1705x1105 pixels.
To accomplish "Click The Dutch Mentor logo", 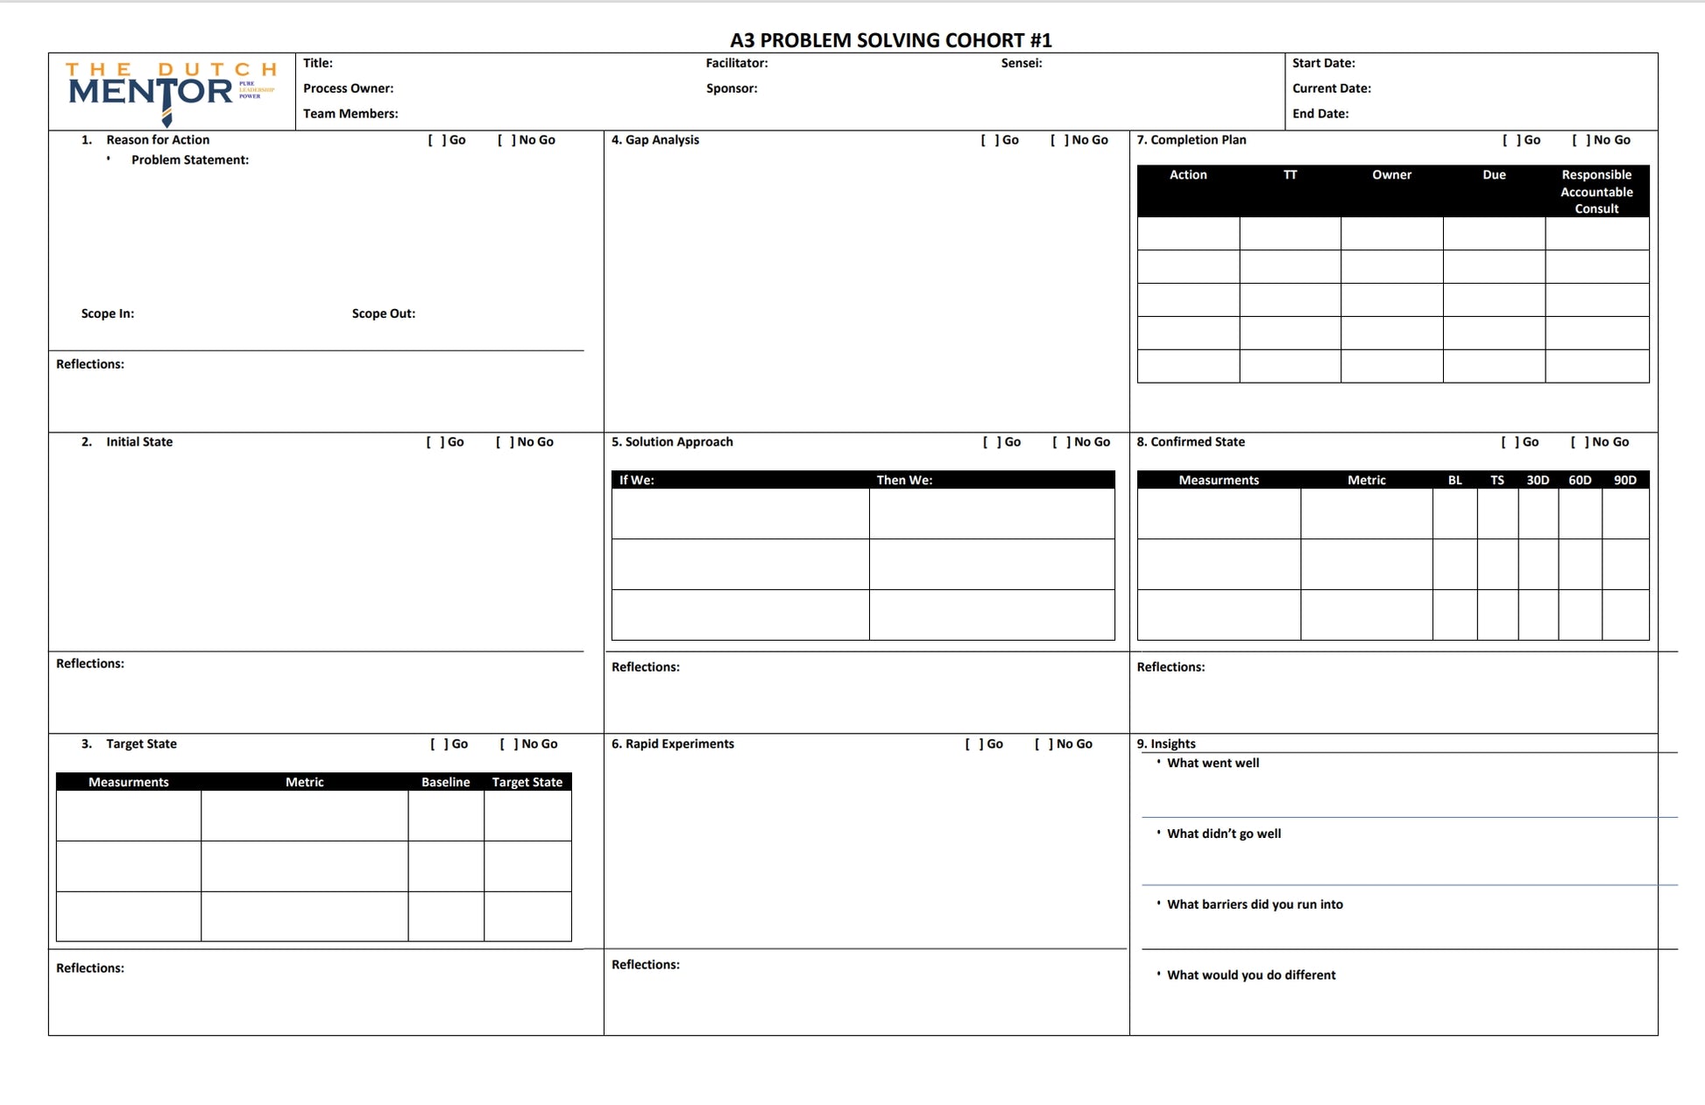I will tap(171, 91).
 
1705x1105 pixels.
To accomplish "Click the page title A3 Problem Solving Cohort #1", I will tap(890, 40).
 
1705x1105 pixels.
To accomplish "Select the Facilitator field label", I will tap(736, 63).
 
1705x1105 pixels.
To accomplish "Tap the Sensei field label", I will tap(1021, 63).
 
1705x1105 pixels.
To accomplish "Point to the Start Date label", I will tap(1323, 63).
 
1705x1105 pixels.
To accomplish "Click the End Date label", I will tap(1319, 114).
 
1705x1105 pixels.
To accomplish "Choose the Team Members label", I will tap(350, 114).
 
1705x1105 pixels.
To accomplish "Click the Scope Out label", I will tap(383, 313).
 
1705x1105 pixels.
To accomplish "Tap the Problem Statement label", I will tap(189, 160).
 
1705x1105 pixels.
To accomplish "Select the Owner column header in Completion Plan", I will tap(1391, 175).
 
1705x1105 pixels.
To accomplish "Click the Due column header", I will tap(1494, 175).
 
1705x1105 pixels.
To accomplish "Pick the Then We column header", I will tap(904, 480).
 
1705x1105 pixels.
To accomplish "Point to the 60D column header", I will tap(1580, 480).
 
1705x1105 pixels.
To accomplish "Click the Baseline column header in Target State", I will tap(445, 782).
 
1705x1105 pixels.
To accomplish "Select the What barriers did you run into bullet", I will tap(1254, 904).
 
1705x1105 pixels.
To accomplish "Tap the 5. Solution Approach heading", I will tap(672, 442).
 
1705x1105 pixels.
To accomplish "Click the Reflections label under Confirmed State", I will tap(1170, 667).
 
